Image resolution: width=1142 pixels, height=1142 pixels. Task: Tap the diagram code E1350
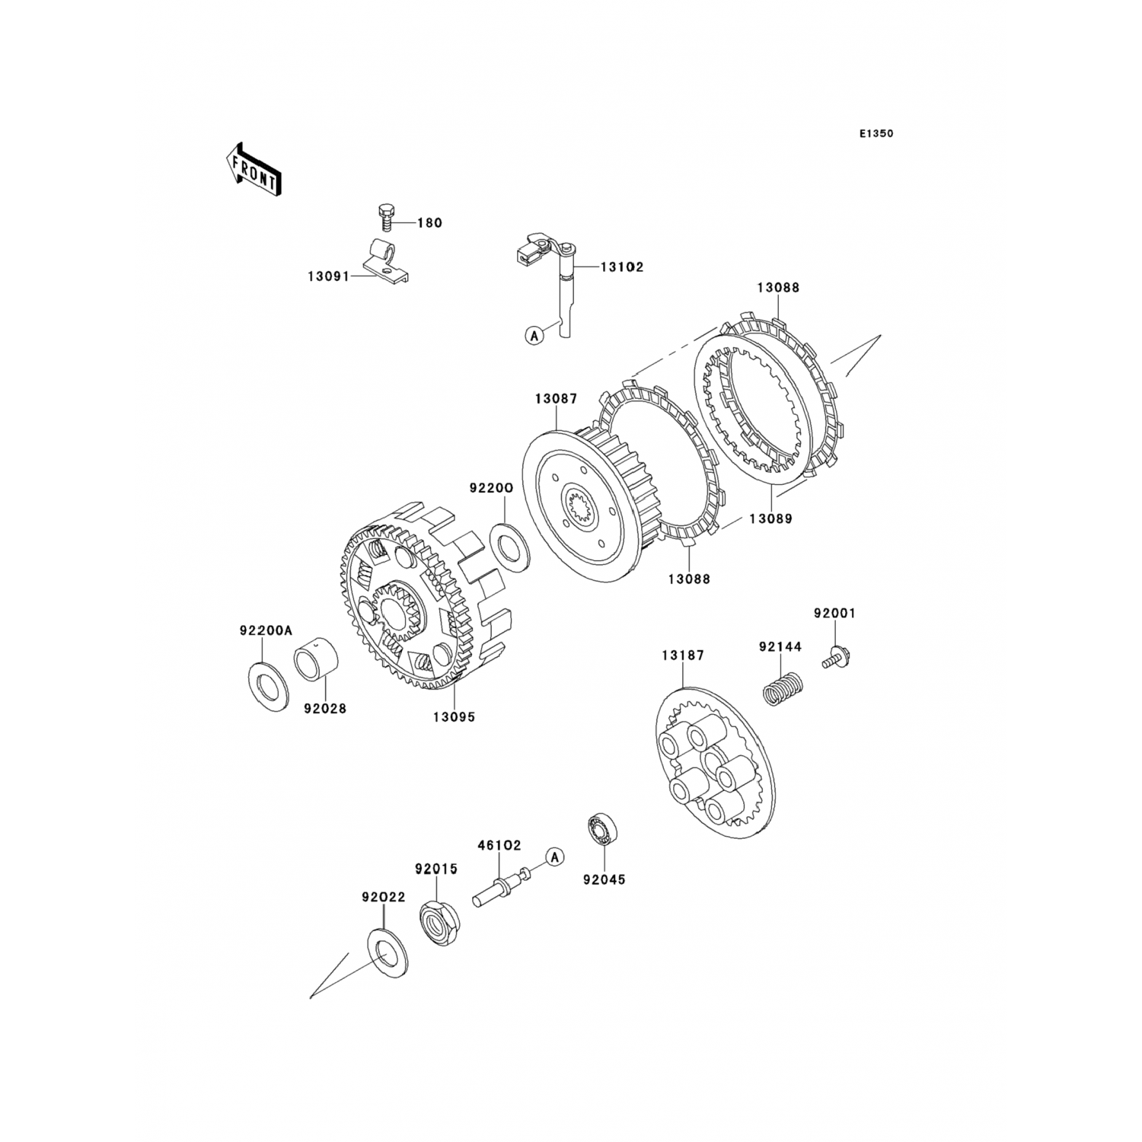tap(876, 133)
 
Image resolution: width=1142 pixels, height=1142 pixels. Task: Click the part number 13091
tap(328, 276)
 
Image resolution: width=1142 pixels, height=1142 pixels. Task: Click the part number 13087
tap(556, 398)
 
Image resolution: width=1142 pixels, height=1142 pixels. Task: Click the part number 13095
tap(454, 716)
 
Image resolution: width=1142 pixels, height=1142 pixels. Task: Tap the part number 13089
tap(770, 518)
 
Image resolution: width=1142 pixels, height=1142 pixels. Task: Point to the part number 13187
tap(683, 655)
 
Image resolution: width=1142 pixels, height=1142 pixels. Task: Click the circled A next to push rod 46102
tap(555, 856)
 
